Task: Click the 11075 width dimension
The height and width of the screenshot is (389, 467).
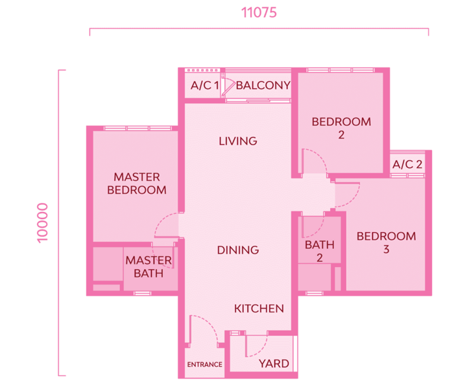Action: coord(259,12)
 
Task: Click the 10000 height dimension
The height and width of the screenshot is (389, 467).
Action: coord(42,223)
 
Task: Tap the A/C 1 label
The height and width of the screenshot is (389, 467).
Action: coord(205,86)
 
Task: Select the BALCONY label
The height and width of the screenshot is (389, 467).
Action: coord(263,86)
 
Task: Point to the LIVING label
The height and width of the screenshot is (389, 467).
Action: coord(238,141)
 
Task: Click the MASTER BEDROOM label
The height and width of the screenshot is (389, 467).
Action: coord(137,183)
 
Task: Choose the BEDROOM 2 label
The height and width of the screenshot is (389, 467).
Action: coord(341,128)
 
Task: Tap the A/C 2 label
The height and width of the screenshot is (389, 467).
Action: coord(407,164)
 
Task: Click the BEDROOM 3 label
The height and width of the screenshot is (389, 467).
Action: coord(387,242)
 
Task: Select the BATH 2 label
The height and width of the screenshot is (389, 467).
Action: coord(320,251)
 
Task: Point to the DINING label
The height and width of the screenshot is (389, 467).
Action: coord(238,250)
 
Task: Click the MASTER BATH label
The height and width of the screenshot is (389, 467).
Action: coord(149,266)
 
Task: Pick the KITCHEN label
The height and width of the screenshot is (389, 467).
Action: coord(259,309)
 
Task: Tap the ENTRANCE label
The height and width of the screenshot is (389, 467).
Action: coord(204,364)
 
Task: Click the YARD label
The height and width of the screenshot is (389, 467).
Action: coord(274,364)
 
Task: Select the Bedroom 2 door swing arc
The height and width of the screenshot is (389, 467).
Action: coord(320,156)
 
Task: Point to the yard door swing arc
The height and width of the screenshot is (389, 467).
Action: coord(261,351)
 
